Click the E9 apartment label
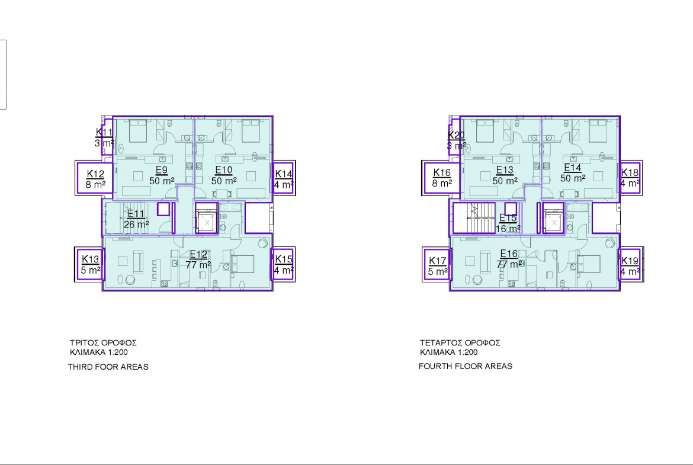162,175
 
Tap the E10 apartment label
224,175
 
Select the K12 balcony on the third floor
95,178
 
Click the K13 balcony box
90,264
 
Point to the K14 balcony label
283,179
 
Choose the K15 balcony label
283,264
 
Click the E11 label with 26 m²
136,219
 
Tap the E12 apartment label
198,259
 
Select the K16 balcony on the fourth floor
442,178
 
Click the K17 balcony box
438,266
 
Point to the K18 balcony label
630,178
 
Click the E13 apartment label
505,175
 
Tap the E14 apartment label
573,173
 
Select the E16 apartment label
509,259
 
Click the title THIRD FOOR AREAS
108,367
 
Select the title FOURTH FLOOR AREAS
466,367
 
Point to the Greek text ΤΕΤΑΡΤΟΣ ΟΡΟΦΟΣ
460,342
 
